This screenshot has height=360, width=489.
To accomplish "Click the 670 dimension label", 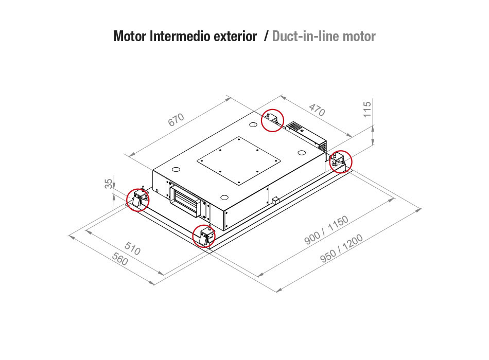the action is [x=176, y=120].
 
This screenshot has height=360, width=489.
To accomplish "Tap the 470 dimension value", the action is [x=317, y=110].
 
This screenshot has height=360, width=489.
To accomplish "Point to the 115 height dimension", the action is [x=368, y=109].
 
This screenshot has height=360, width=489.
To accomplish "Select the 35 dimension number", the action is [x=109, y=184].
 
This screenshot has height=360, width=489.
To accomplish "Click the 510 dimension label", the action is [x=132, y=248].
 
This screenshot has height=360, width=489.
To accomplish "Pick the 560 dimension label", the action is [x=120, y=259].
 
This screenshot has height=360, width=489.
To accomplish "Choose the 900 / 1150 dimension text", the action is [x=326, y=230].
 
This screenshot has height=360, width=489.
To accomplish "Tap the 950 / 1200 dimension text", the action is [x=342, y=248].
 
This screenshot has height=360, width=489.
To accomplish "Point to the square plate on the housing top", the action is [x=238, y=161].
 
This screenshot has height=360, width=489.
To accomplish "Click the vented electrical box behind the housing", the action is [x=306, y=135].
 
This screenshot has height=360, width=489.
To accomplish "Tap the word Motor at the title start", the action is [x=129, y=36].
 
